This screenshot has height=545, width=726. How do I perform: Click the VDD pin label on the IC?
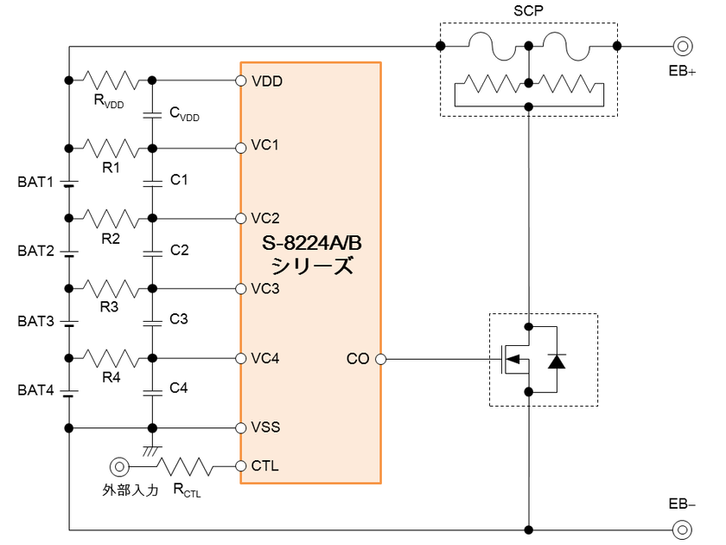[x=265, y=81]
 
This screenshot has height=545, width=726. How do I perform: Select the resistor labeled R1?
[x=111, y=148]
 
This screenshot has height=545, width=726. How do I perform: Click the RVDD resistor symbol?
[x=111, y=80]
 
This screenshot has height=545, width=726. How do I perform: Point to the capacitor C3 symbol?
[x=152, y=321]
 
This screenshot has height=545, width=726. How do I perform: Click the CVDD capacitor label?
[x=184, y=114]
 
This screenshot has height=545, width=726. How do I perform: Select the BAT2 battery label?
[x=35, y=252]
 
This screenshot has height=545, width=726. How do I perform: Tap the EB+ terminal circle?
[x=683, y=46]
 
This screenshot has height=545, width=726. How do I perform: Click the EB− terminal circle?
[x=683, y=529]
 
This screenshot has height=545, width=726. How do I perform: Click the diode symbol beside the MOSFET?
[x=557, y=360]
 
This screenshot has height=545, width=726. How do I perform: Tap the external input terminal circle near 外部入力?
[x=118, y=467]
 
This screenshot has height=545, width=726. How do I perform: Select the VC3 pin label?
[x=265, y=288]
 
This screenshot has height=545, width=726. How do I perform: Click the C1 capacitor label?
[x=179, y=180]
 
